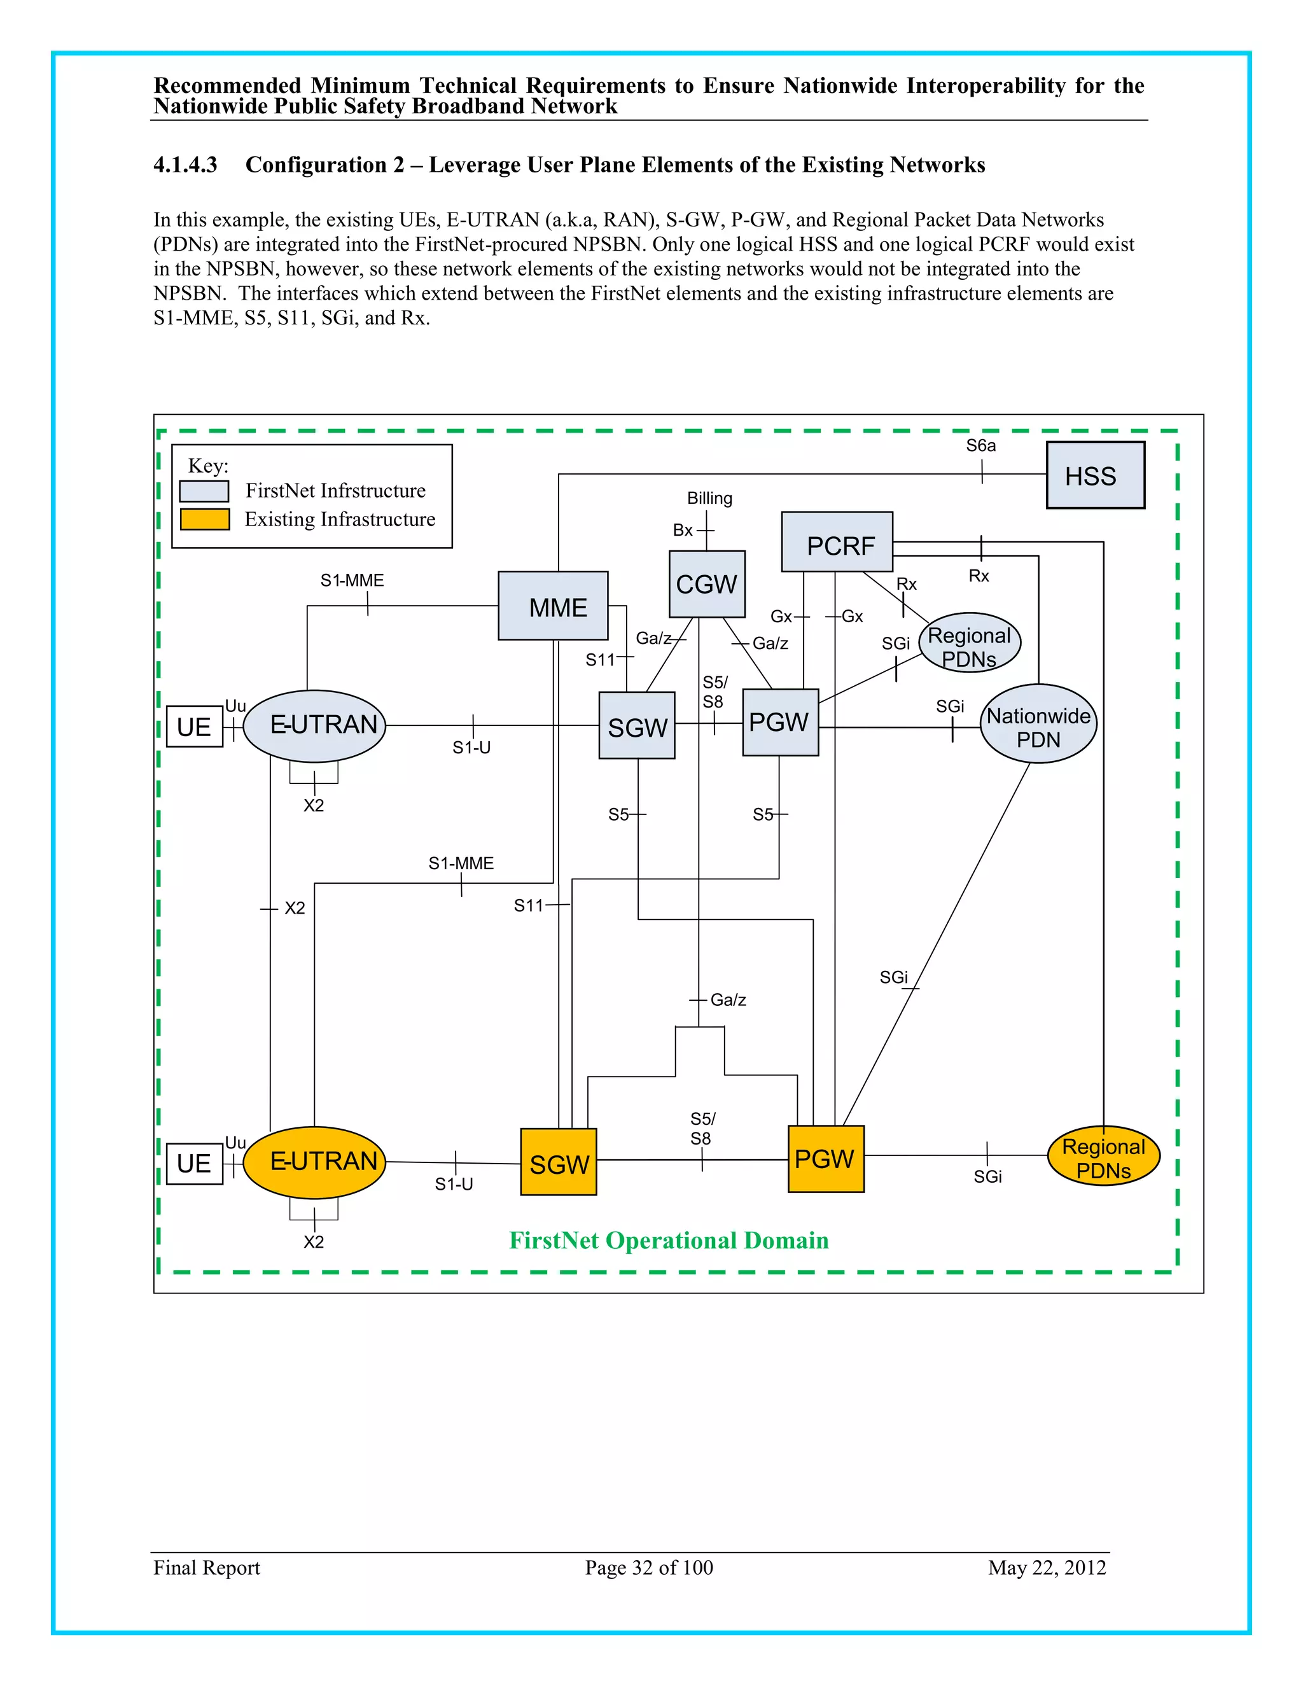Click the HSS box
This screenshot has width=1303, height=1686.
1094,475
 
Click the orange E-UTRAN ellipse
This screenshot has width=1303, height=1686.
314,1162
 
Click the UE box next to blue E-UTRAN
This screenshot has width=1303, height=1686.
195,727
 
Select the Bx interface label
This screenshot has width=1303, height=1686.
683,531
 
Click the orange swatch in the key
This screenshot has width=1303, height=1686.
205,519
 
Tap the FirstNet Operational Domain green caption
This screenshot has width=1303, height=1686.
669,1241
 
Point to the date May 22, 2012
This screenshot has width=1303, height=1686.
1047,1567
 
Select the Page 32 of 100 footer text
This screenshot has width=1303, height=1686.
648,1567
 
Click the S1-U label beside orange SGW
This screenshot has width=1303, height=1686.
453,1184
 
